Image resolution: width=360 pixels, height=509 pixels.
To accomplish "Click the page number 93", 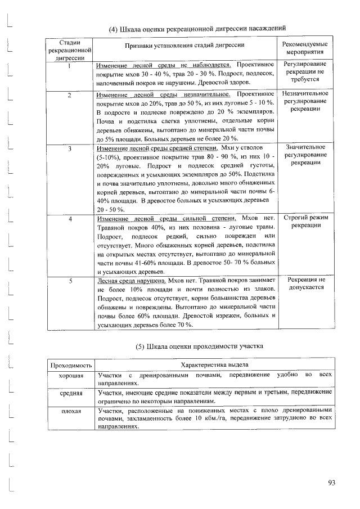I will pos(331,482).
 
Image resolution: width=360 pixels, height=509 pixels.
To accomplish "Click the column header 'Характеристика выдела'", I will pos(213,366).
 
